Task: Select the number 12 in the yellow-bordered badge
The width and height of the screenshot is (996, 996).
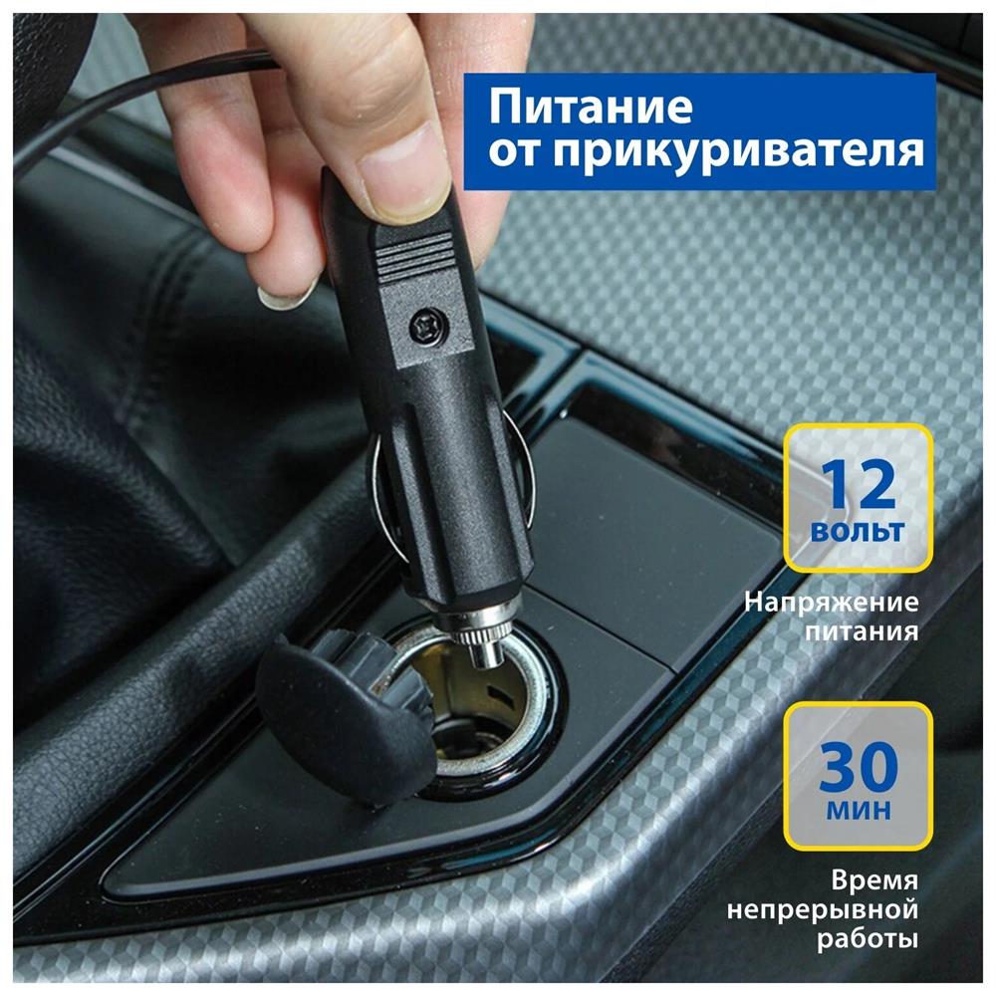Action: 858,485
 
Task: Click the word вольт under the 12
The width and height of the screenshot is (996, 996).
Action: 858,531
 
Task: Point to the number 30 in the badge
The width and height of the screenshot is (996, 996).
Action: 858,767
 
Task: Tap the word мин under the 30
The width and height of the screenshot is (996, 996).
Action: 859,810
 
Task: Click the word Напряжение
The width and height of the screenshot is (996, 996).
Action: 832,603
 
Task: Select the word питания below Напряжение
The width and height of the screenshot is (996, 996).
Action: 862,632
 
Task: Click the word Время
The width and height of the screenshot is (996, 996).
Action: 874,881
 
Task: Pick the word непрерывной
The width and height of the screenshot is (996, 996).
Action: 823,910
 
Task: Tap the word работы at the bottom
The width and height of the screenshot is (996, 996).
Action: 868,939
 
